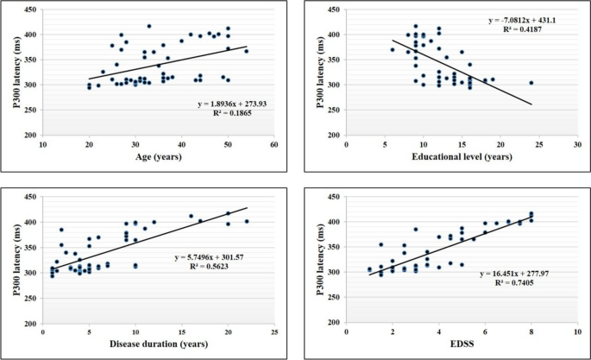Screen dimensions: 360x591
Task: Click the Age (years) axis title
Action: coord(159,158)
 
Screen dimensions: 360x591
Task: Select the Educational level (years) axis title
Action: coord(461,158)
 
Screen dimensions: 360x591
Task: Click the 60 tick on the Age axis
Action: coord(273,144)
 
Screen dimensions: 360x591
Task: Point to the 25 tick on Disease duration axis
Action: coord(273,333)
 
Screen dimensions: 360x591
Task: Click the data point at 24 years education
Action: coord(531,83)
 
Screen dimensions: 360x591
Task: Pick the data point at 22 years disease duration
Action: coord(246,222)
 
